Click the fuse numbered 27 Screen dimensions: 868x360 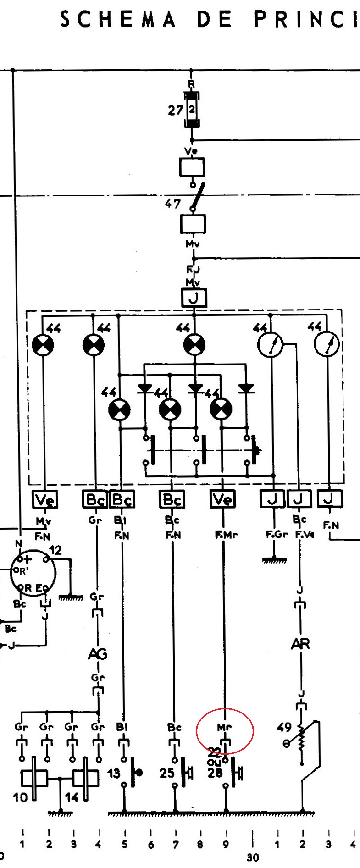pos(192,110)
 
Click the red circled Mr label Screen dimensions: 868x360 pos(225,727)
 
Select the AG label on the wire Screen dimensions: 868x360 pos(97,653)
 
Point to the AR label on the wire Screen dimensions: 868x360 pos(300,644)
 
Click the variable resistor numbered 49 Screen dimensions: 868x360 pos(301,743)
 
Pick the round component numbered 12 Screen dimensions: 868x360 pos(33,573)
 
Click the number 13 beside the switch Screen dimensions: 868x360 pos(114,774)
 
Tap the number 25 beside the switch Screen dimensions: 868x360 pos(167,774)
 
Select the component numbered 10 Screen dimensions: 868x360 pos(34,778)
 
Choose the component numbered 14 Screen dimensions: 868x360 pos(85,778)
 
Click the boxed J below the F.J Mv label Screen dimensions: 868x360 pos(194,298)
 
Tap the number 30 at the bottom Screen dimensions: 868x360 pos(253,857)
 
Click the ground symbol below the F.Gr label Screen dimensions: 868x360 pos(274,559)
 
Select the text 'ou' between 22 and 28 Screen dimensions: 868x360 pos(214,762)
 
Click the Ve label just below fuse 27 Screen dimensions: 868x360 pos(192,151)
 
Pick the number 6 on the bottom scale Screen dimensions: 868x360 pos(151,844)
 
